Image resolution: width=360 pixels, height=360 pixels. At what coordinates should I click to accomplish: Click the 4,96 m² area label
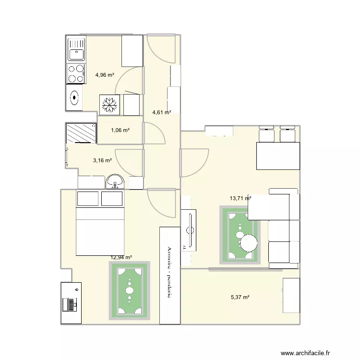tap(105, 75)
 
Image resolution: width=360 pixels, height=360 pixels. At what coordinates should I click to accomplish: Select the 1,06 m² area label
tap(120, 130)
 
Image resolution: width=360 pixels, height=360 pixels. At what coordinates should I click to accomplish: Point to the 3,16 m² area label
tap(102, 161)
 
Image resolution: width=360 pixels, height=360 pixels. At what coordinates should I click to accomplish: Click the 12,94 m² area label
tap(121, 257)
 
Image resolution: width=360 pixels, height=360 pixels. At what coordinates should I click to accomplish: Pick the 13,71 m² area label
tap(240, 198)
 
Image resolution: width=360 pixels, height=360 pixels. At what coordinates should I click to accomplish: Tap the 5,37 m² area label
tap(240, 297)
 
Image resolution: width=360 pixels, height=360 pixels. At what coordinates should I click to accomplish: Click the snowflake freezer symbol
tap(110, 105)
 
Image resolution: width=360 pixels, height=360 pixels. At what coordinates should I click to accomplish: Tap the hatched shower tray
tap(81, 133)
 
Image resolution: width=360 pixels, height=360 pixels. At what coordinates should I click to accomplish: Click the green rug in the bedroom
tap(130, 290)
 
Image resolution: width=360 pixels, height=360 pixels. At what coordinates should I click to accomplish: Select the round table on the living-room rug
tap(249, 242)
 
